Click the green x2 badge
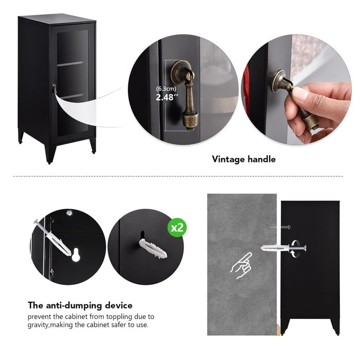tap(177, 228)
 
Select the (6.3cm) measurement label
tap(166, 88)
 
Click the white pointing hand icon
tap(241, 266)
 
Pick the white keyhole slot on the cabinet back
tap(76, 255)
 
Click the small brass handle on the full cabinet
tap(55, 88)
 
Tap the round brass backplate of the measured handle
tap(180, 71)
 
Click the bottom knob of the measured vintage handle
tap(190, 120)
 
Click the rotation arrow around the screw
tap(296, 248)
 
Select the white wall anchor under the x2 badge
tap(152, 248)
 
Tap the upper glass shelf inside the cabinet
tap(70, 64)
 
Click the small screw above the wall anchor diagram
tap(285, 227)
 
